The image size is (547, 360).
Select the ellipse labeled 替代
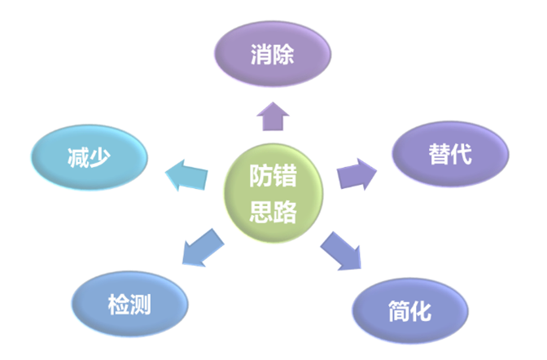point(450,154)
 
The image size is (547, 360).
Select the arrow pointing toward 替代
point(357,172)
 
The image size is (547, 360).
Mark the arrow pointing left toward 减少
point(187,174)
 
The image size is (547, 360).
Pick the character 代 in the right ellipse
point(462,155)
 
